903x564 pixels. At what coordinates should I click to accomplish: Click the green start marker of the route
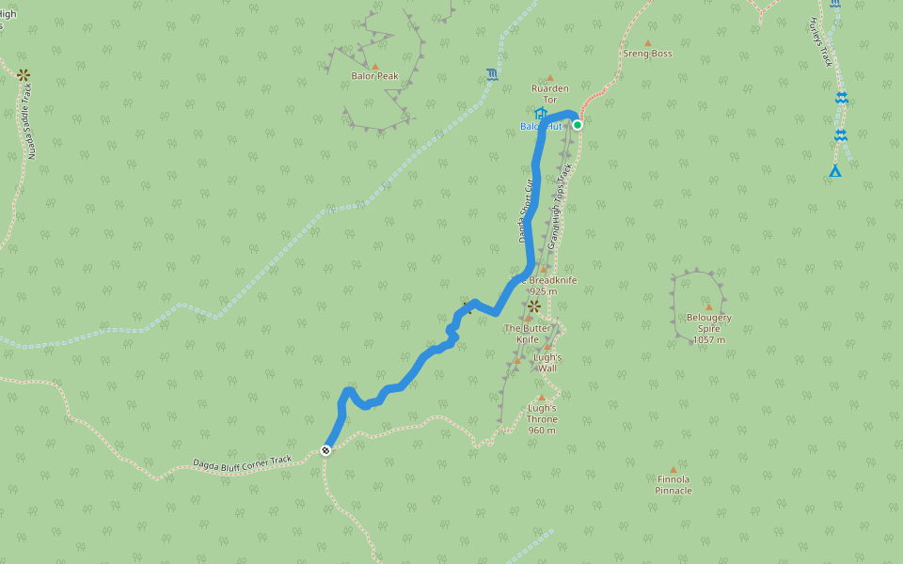coord(578,124)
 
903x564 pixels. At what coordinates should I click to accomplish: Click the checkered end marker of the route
coord(325,450)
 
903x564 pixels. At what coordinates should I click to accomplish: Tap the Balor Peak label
coord(375,76)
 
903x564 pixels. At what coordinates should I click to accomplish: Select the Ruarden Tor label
coord(550,94)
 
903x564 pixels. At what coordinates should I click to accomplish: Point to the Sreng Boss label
coord(647,54)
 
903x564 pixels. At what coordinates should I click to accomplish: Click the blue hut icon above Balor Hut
coord(540,114)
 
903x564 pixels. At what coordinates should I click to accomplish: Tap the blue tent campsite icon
coord(834,170)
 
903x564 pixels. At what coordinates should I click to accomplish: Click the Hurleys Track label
coord(822,42)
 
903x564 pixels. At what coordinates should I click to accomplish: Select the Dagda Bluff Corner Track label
coord(243,462)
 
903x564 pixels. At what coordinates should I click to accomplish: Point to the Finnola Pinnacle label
coord(673,485)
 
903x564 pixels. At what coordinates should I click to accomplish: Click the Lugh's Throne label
coord(542,419)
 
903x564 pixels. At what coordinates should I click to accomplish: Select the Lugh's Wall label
coord(547,363)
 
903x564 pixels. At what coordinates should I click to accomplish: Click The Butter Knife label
coord(528,334)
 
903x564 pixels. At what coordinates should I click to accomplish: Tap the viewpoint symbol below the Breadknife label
coord(533,305)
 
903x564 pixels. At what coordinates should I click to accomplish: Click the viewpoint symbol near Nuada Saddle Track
coord(24,75)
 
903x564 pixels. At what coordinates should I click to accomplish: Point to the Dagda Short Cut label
coord(527,211)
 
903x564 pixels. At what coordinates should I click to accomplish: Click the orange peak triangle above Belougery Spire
coord(708,306)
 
